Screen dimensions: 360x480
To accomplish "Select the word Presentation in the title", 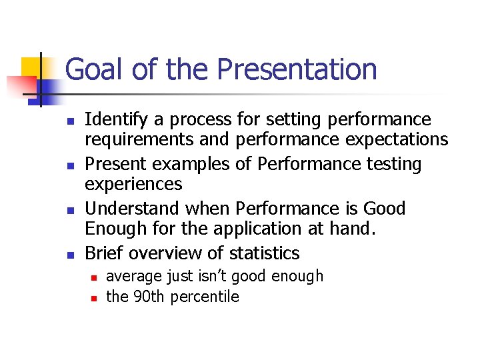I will [297, 69].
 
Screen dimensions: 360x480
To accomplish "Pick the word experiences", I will [133, 183].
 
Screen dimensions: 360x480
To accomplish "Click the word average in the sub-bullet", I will [131, 276].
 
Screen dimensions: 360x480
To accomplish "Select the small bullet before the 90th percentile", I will [94, 297].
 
